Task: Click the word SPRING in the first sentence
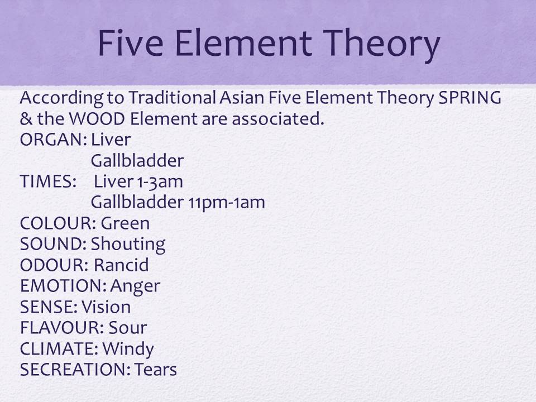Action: (x=470, y=98)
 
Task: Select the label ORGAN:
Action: (x=54, y=140)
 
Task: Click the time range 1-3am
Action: (x=160, y=182)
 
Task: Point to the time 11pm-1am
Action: (x=227, y=203)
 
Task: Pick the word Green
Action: (x=126, y=223)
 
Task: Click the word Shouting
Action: (x=128, y=245)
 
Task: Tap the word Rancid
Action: (x=121, y=265)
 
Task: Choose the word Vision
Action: (x=106, y=307)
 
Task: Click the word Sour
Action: (x=128, y=328)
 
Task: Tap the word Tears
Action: (x=156, y=370)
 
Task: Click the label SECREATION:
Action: (x=75, y=370)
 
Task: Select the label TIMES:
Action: (x=48, y=181)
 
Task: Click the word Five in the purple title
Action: (x=131, y=43)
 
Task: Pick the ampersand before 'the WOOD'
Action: (x=26, y=119)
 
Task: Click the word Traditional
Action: (x=172, y=98)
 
